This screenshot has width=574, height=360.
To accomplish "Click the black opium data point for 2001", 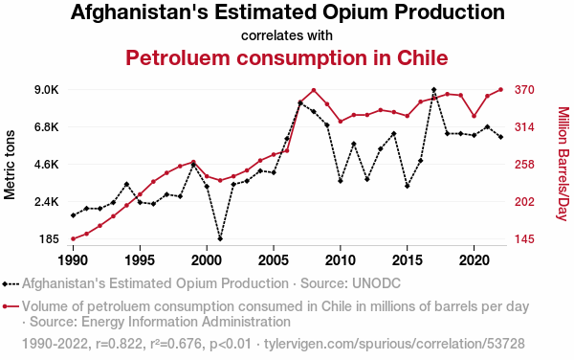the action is pos(220,238).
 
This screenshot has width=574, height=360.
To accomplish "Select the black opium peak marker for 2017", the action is pos(433,90).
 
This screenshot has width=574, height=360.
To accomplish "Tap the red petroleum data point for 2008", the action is pos(314,90).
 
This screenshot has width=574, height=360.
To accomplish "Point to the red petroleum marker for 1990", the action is pos(74,238).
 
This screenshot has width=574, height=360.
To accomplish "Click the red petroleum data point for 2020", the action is pos(475,116).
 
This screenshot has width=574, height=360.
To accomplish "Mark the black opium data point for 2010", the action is pos(341,181).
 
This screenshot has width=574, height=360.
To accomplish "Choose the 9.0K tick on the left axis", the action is pos(47,90).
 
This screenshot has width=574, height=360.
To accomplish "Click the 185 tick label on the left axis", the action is pos(50,239).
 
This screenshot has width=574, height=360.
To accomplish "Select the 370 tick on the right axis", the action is pos(524,90).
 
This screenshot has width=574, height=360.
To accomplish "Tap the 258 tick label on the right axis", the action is pos(524,165).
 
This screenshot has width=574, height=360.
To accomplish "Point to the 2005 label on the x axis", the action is pos(274,260).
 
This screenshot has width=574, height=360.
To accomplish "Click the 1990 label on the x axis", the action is pos(74,260).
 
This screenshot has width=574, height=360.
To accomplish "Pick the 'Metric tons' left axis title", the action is pos(10,165).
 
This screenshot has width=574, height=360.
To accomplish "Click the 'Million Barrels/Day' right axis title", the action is pos(563,164).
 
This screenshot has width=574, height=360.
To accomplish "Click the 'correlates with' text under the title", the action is pos(287,35).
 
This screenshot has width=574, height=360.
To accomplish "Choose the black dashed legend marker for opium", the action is pos(11,283).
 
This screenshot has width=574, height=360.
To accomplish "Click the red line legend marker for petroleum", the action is pos(11,306).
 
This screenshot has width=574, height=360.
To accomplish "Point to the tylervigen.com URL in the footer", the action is pos(394,344).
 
